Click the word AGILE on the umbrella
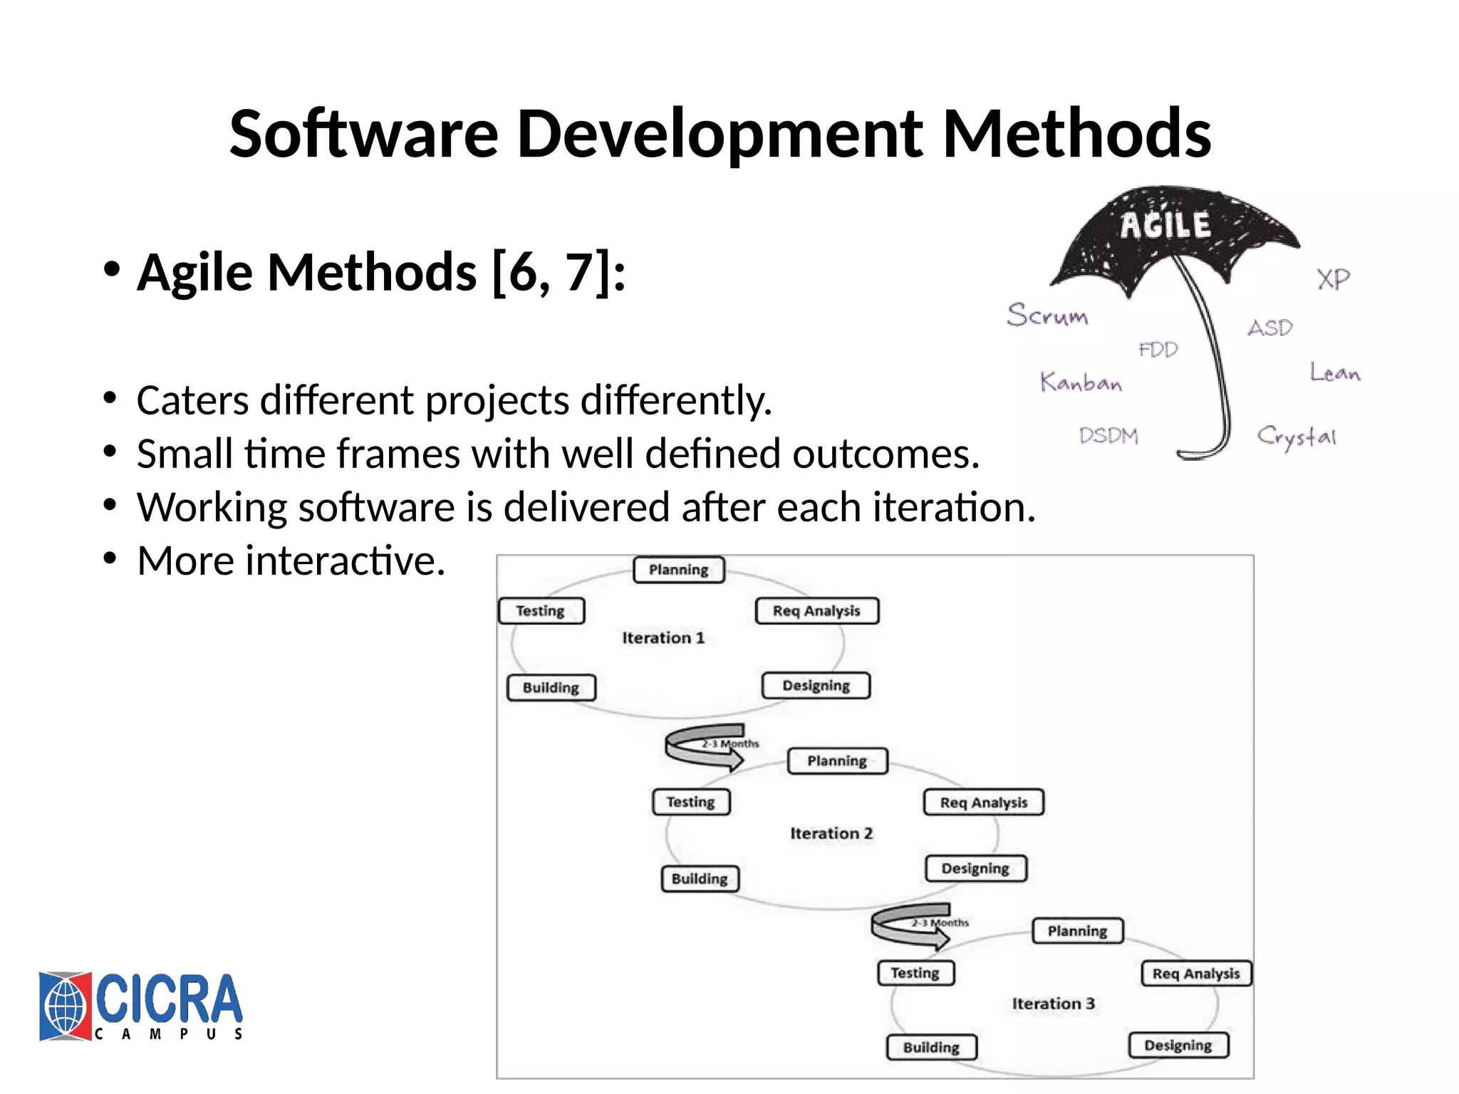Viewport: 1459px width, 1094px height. (x=1165, y=225)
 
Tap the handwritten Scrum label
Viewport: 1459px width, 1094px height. (x=1047, y=315)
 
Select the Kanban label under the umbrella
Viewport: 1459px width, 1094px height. (x=1081, y=382)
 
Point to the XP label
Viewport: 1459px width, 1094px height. (x=1333, y=278)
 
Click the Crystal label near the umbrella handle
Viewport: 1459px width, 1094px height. (x=1296, y=437)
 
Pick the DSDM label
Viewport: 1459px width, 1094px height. (x=1108, y=435)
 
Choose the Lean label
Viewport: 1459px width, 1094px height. (x=1335, y=373)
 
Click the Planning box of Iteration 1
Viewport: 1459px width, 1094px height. (x=678, y=570)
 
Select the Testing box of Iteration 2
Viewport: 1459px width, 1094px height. (x=691, y=802)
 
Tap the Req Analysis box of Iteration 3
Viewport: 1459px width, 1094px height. (x=1196, y=974)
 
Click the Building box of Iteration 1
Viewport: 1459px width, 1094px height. (x=551, y=688)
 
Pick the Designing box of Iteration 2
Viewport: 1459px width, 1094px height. (x=975, y=869)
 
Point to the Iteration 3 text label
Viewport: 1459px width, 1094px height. (x=1053, y=1004)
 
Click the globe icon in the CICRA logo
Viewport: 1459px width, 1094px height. (x=66, y=1006)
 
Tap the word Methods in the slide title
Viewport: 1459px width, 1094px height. (x=1076, y=134)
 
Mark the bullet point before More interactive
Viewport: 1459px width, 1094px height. (x=109, y=560)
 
